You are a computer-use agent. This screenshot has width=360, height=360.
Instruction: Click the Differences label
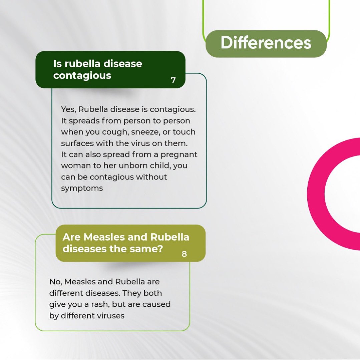point(266,43)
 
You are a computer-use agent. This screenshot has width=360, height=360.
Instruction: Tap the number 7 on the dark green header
point(173,80)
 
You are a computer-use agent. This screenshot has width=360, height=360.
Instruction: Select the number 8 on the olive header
point(184,254)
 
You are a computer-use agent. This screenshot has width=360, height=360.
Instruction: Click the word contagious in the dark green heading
point(82,75)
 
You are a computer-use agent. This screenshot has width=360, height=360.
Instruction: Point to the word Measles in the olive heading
point(100,237)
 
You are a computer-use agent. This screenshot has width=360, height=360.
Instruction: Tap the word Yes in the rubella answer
point(68,109)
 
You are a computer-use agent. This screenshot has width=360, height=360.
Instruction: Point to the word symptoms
point(82,188)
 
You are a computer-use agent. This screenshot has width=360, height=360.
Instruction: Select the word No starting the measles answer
point(55,282)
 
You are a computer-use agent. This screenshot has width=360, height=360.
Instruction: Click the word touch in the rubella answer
point(184,132)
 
